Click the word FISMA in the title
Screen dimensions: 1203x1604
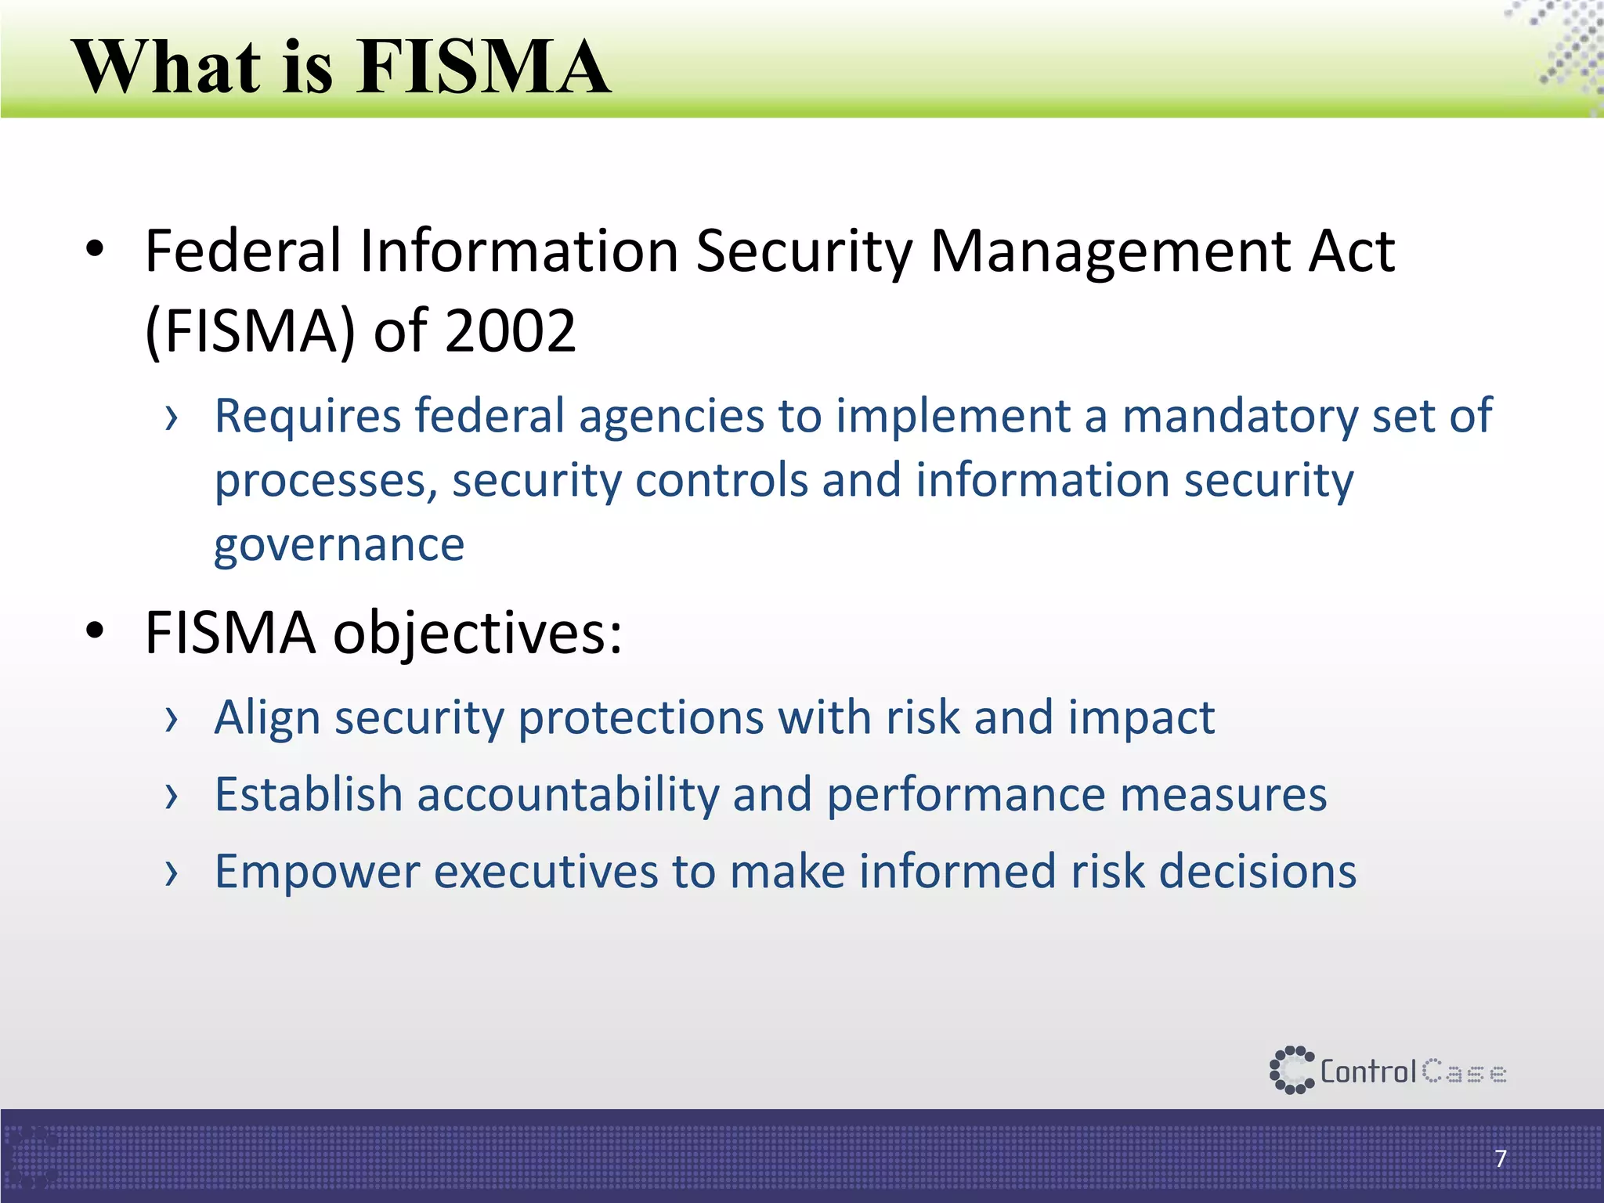click(x=483, y=67)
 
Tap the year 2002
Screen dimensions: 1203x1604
click(x=510, y=331)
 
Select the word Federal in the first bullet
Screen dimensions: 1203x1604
click(x=244, y=251)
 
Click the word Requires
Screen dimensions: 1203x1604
click(x=306, y=416)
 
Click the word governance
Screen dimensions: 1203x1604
click(x=339, y=545)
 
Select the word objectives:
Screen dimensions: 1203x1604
click(x=478, y=633)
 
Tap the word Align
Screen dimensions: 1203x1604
click(x=267, y=717)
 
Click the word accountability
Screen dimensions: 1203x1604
click(x=568, y=795)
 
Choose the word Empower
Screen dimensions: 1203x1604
click(x=317, y=872)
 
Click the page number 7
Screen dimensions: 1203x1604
click(x=1501, y=1158)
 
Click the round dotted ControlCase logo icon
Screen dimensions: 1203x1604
click(x=1291, y=1070)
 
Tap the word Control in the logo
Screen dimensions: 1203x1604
click(x=1368, y=1071)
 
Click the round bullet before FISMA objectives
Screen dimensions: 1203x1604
click(x=95, y=630)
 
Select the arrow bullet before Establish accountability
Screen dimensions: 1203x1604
click(x=172, y=797)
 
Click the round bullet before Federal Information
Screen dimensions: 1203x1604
click(x=95, y=250)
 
